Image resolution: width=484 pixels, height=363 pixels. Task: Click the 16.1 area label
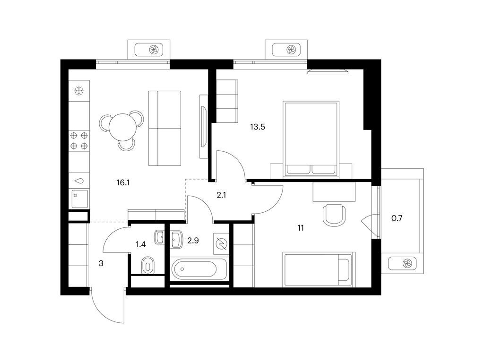point(123,183)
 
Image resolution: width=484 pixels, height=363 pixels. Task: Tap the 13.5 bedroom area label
point(258,127)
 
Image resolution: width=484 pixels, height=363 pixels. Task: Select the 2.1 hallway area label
point(221,195)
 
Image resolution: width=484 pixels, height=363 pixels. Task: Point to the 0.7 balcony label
point(397,218)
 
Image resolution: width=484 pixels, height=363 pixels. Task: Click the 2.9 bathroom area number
point(193,241)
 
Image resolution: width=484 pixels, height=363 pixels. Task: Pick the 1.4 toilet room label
point(140,245)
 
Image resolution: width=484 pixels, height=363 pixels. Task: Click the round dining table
point(122,128)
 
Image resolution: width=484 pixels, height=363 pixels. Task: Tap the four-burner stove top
point(79,140)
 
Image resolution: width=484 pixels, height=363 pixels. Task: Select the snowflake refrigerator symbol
point(79,91)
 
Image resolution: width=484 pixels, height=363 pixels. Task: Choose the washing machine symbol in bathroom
point(221,243)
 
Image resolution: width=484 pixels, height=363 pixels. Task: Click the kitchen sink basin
point(79,199)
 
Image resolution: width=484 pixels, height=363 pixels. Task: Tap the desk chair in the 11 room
point(334,215)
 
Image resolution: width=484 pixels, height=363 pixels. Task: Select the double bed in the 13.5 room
point(311,139)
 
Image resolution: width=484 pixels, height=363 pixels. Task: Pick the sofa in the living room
point(164,128)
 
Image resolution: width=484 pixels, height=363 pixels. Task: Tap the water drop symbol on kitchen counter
point(79,181)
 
